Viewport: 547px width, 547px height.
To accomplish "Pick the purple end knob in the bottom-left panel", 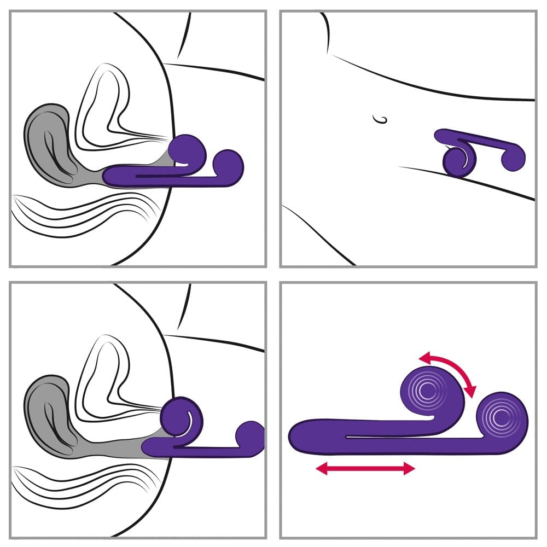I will pyautogui.click(x=251, y=434).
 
